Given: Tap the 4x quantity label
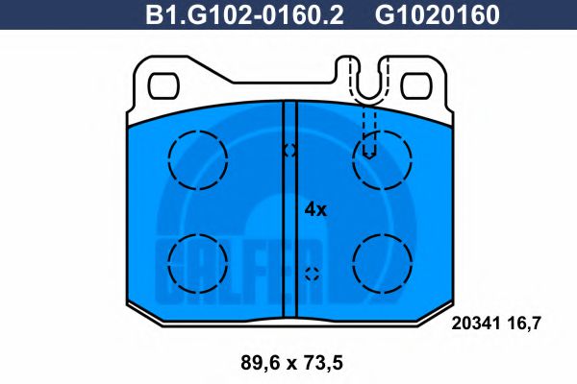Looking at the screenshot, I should [316, 209].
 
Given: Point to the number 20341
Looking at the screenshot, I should [475, 324].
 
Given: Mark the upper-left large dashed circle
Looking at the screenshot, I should [197, 159].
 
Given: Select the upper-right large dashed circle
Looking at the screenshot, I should [382, 159].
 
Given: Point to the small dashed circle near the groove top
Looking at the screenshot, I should [289, 151].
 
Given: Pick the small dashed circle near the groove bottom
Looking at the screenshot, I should [311, 273].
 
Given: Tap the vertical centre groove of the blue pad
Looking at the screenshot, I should [289, 211].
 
